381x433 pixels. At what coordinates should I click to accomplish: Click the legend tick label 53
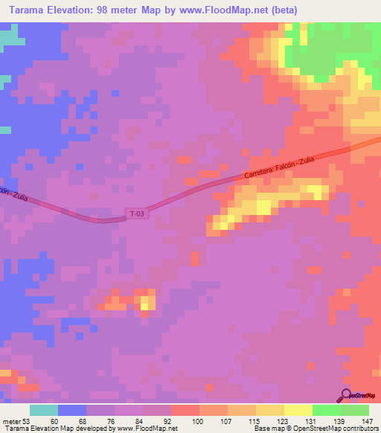click(x=27, y=420)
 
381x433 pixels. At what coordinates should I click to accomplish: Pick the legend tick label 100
click(x=197, y=420)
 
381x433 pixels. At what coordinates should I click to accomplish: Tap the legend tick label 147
click(x=367, y=420)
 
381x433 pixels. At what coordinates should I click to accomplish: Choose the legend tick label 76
click(x=112, y=420)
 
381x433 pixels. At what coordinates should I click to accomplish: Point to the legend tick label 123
click(x=281, y=420)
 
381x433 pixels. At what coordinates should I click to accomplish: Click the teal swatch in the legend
click(x=44, y=410)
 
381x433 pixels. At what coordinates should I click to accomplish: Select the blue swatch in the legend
click(x=72, y=410)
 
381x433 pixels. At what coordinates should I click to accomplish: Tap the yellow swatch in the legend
click(x=298, y=410)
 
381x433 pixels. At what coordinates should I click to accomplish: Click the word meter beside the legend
click(x=10, y=420)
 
